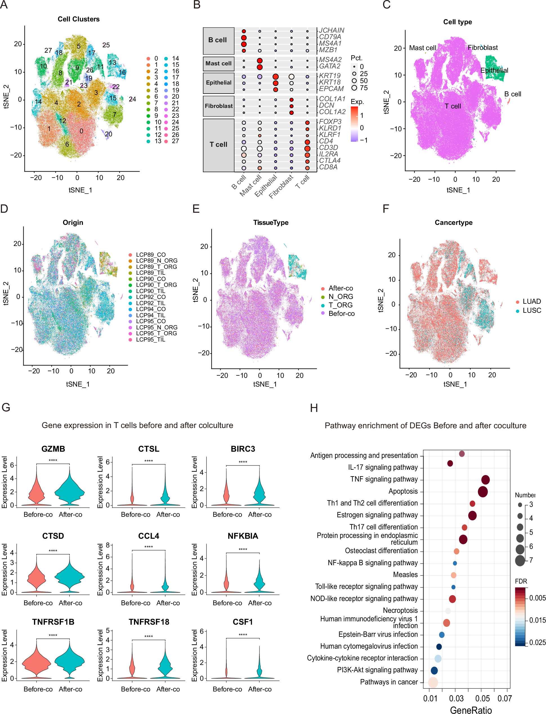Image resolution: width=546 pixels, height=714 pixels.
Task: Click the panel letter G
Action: (x=6, y=408)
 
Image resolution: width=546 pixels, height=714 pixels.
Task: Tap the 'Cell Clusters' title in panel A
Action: (x=79, y=19)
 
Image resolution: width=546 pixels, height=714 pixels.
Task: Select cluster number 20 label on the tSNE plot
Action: (x=109, y=134)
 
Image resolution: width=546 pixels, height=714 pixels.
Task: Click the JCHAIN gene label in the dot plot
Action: (x=332, y=30)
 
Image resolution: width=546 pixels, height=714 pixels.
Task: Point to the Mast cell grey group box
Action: (x=218, y=63)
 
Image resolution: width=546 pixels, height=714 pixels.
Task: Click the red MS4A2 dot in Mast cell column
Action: (x=260, y=61)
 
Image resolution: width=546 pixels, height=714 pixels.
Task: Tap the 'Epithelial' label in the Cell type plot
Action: (x=494, y=70)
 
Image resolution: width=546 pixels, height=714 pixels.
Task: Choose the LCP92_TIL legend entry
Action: (x=151, y=303)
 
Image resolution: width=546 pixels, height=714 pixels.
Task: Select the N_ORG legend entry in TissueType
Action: (x=340, y=296)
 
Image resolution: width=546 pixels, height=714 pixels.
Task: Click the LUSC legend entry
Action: (x=532, y=310)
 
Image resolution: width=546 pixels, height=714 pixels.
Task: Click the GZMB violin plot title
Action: (x=53, y=449)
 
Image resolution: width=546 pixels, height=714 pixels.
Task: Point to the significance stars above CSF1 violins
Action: (x=243, y=634)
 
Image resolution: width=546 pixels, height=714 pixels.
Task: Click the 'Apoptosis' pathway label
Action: (x=403, y=491)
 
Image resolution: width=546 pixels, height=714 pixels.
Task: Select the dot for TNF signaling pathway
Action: (x=485, y=480)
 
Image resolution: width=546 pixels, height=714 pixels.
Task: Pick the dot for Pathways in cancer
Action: (x=433, y=682)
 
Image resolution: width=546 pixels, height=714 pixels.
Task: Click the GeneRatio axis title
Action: (x=471, y=710)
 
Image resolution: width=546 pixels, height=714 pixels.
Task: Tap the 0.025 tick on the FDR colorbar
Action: (x=537, y=642)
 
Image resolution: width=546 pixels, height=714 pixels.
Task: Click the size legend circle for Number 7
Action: (x=520, y=560)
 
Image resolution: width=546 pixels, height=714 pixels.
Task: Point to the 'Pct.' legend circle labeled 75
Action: (x=354, y=88)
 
